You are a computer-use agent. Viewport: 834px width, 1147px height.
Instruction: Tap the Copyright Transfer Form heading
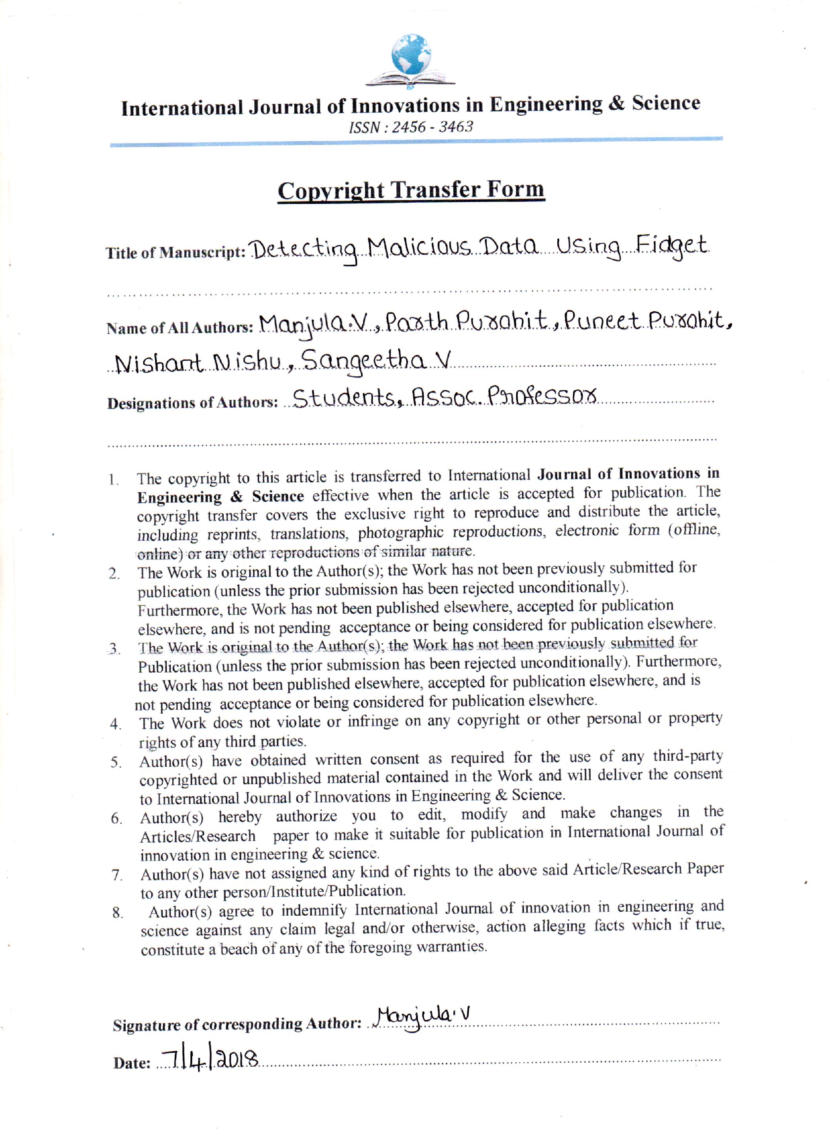tap(411, 191)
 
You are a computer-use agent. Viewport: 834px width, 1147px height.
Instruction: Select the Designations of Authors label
tap(192, 403)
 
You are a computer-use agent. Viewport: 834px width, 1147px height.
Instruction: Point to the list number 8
tap(117, 913)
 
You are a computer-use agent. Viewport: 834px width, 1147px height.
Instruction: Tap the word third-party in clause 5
tap(687, 756)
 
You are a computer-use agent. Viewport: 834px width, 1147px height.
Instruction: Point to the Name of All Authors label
tap(180, 328)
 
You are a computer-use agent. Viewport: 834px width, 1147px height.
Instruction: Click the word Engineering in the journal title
tap(546, 104)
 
